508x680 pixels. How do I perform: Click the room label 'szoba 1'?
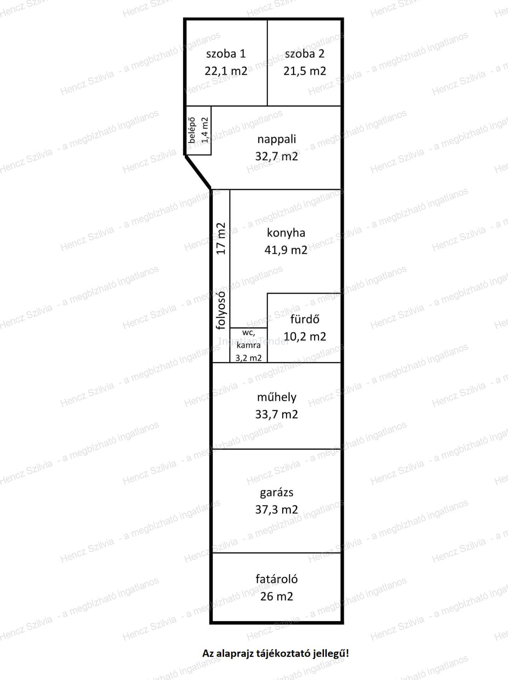226,54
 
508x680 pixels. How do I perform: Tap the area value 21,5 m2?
304,71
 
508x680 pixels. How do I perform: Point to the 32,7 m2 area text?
276,156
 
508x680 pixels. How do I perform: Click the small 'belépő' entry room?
198,130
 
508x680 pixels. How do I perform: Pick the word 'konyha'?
286,233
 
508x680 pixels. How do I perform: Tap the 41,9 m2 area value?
286,250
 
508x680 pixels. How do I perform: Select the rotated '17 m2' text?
221,238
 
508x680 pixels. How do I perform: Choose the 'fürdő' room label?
305,319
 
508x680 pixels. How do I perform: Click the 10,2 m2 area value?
305,336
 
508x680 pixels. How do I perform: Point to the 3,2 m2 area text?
249,358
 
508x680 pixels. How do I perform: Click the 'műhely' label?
276,397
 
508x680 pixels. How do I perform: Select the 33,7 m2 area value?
276,414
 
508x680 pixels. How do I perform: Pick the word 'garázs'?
276,493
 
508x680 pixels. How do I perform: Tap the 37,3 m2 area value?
276,509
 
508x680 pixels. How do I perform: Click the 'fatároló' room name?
276,579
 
